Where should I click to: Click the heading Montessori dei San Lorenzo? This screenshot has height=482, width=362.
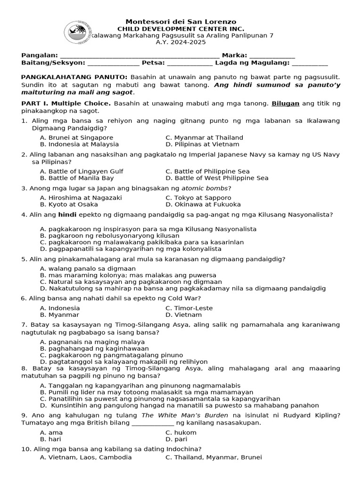pyautogui.click(x=181, y=22)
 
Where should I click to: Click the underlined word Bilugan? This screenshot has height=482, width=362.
pyautogui.click(x=285, y=103)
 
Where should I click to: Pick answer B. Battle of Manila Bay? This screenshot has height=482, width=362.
pyautogui.click(x=77, y=178)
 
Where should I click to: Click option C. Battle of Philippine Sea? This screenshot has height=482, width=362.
pyautogui.click(x=207, y=171)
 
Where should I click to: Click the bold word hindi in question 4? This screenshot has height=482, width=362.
pyautogui.click(x=67, y=215)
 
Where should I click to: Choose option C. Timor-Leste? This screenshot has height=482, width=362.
pyautogui.click(x=189, y=308)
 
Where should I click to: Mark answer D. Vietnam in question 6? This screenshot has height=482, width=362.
pyautogui.click(x=183, y=314)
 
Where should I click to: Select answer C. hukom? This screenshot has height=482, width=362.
pyautogui.click(x=181, y=432)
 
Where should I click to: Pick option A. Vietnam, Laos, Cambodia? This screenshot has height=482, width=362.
pyautogui.click(x=86, y=457)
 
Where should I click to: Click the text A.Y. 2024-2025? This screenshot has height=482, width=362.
pyautogui.click(x=181, y=42)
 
